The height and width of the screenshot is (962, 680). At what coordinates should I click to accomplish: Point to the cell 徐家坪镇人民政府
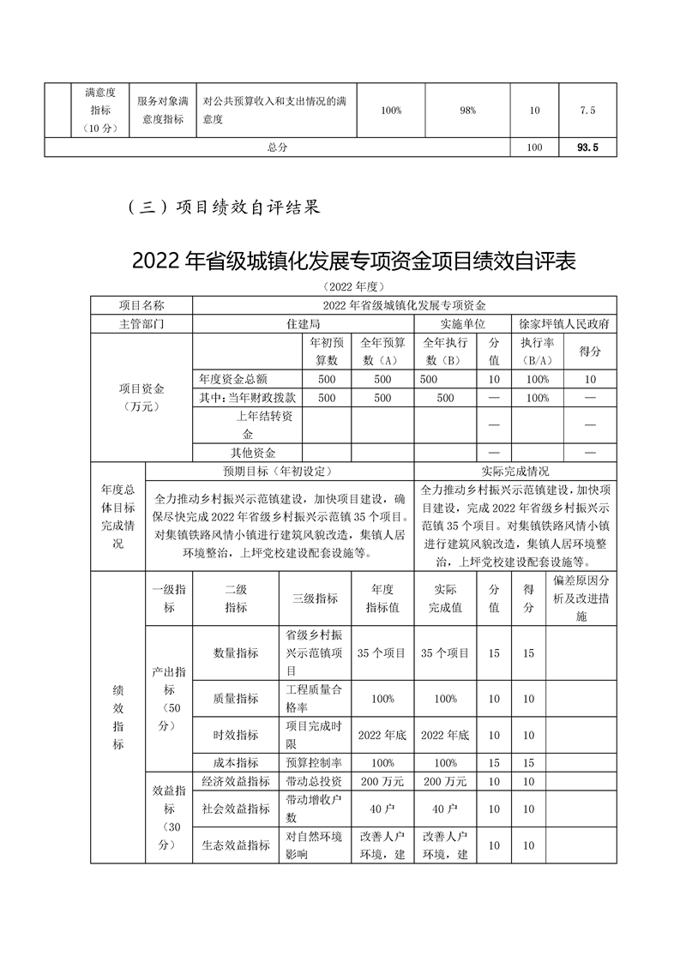(564, 325)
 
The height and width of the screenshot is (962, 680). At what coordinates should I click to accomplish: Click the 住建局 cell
(304, 325)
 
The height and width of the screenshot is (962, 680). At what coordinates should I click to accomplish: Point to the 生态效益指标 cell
(235, 845)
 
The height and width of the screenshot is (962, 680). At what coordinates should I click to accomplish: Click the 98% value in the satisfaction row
(467, 111)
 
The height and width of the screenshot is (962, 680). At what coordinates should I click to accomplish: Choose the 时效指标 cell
(235, 735)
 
